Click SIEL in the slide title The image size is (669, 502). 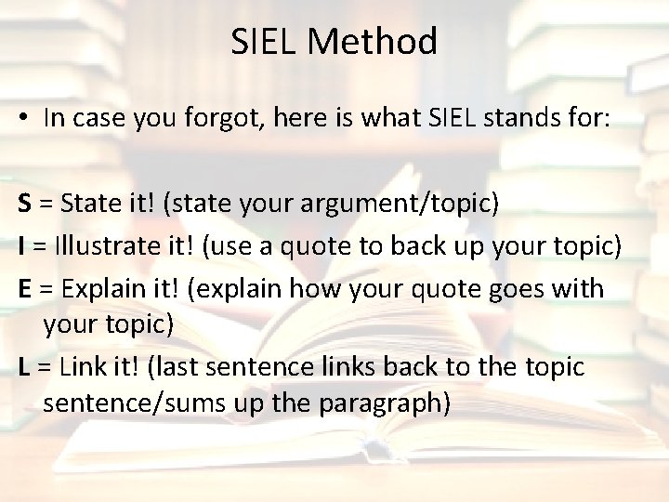[x=264, y=42]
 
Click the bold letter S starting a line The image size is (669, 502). [x=24, y=205]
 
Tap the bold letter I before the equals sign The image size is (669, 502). [x=21, y=246]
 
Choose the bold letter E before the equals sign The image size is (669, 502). [x=24, y=288]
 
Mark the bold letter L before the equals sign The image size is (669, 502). [x=23, y=367]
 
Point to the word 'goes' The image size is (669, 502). [x=520, y=288]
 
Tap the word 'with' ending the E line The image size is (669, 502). [x=581, y=288]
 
